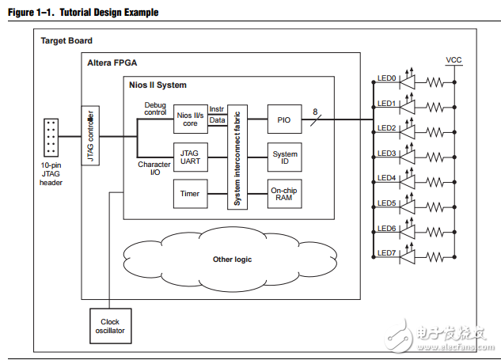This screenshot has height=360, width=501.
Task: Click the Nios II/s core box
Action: tap(190, 119)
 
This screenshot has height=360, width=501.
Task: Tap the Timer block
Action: tap(190, 193)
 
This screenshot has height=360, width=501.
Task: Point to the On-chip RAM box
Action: tap(285, 193)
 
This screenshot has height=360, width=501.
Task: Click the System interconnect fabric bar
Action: tap(236, 155)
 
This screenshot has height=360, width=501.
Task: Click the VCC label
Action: tap(454, 59)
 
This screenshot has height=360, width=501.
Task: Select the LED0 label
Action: tap(387, 78)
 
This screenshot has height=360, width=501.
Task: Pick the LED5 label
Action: tap(387, 203)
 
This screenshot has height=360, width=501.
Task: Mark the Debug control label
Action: tap(155, 108)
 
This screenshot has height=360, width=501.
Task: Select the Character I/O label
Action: tap(154, 169)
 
